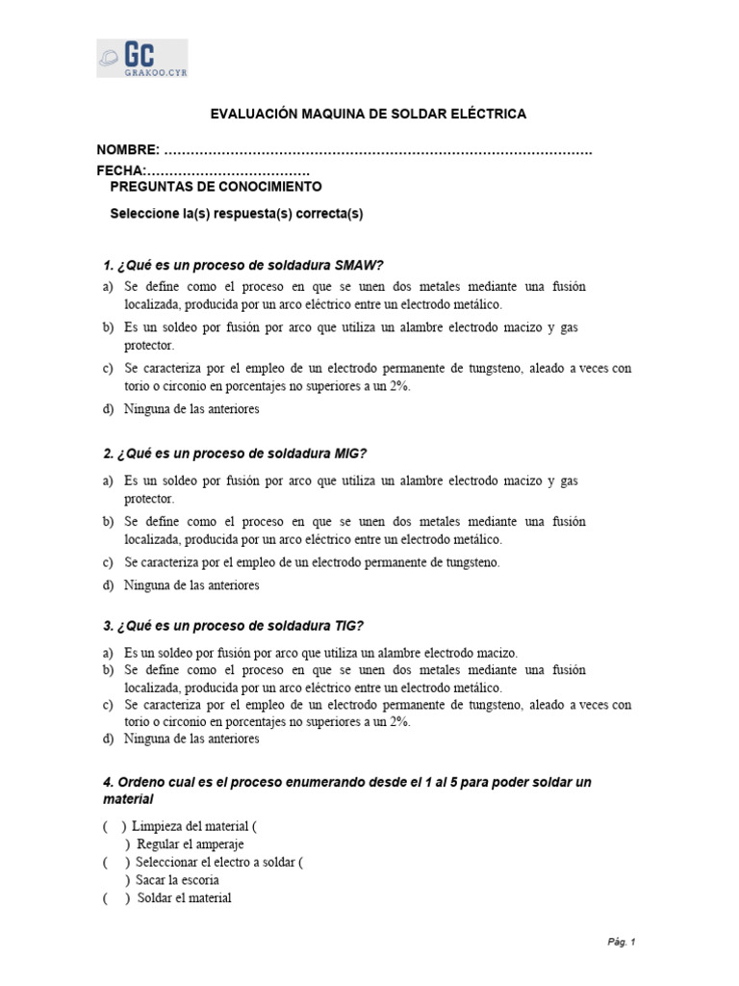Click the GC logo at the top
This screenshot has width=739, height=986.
click(141, 59)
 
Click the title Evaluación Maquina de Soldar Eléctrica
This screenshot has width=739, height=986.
click(369, 114)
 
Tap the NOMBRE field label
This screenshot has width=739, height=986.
click(128, 150)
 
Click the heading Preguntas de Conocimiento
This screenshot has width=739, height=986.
click(217, 187)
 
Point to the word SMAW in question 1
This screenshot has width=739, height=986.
click(358, 265)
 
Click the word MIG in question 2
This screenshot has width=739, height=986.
click(349, 454)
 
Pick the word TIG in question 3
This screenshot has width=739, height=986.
click(348, 625)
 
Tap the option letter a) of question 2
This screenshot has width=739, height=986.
click(107, 480)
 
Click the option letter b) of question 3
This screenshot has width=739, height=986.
click(107, 669)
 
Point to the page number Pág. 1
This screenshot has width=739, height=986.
click(621, 943)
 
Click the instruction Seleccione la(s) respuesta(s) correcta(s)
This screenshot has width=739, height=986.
click(237, 214)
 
